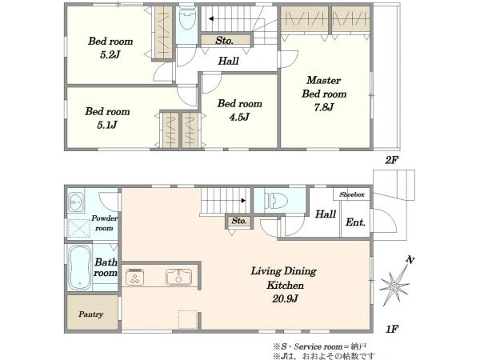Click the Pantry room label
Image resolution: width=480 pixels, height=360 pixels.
click(x=91, y=314)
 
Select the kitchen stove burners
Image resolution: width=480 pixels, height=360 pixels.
click(x=135, y=277)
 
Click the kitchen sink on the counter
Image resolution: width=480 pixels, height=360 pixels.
click(x=178, y=277)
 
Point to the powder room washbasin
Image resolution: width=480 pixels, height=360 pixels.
click(x=76, y=202)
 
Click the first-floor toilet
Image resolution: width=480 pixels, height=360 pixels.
click(x=276, y=201)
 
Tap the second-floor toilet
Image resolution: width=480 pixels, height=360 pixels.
click(x=186, y=18)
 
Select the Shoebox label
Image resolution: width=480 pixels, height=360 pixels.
click(x=352, y=194)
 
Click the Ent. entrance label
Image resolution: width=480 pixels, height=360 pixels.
click(x=355, y=222)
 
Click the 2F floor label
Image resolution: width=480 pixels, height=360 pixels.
click(x=391, y=159)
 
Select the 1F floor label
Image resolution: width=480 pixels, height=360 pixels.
click(x=392, y=329)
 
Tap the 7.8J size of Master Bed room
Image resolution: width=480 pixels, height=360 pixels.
click(x=324, y=107)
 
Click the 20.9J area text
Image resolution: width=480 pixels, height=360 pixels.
click(x=286, y=298)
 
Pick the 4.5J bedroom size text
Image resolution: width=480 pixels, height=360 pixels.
click(x=240, y=117)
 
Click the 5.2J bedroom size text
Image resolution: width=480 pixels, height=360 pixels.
click(x=110, y=54)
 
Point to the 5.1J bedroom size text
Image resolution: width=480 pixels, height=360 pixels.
click(x=107, y=125)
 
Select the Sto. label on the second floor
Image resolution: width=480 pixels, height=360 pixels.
click(x=224, y=41)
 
